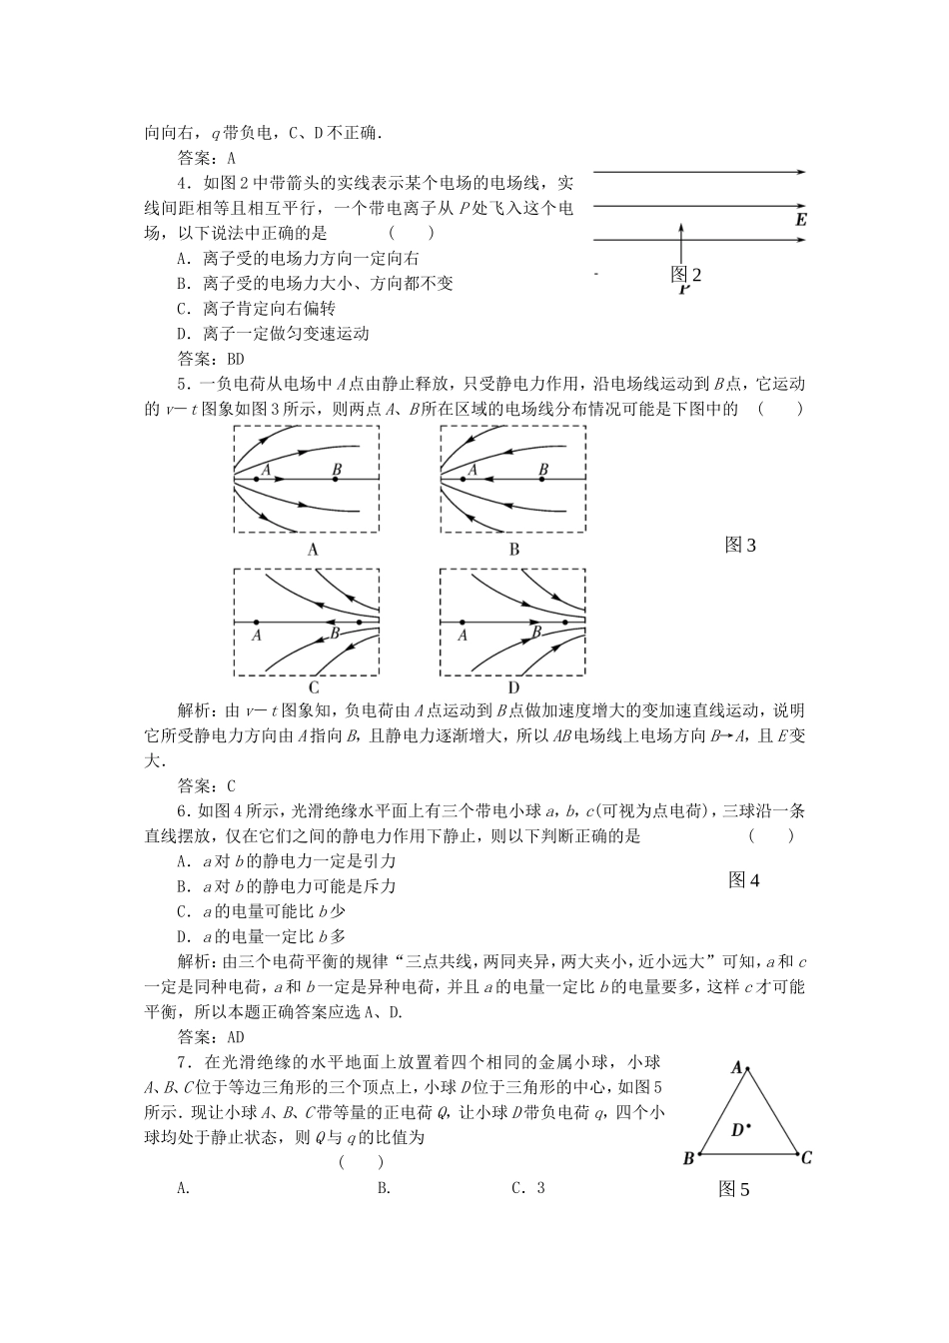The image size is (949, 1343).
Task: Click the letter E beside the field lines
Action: click(x=800, y=220)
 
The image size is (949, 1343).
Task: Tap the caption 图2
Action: click(x=686, y=275)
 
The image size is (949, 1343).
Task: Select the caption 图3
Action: click(x=740, y=545)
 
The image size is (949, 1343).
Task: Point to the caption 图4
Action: click(x=744, y=880)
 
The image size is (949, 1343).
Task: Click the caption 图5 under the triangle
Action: click(x=733, y=1189)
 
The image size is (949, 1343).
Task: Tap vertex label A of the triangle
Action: click(x=737, y=1067)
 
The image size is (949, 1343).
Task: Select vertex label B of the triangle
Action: click(x=688, y=1158)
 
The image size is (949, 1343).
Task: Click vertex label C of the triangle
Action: click(x=806, y=1158)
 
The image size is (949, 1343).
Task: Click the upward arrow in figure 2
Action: click(x=680, y=244)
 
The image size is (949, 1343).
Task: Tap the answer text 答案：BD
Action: click(x=211, y=359)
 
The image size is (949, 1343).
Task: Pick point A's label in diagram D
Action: click(x=463, y=634)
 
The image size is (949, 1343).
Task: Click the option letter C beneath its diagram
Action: click(x=313, y=687)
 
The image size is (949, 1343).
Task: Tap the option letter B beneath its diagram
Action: click(x=514, y=549)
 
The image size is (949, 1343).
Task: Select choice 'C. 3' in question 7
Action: click(x=528, y=1188)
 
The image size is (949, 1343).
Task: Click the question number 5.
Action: click(x=183, y=384)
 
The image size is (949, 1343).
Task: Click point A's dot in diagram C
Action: click(x=257, y=622)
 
